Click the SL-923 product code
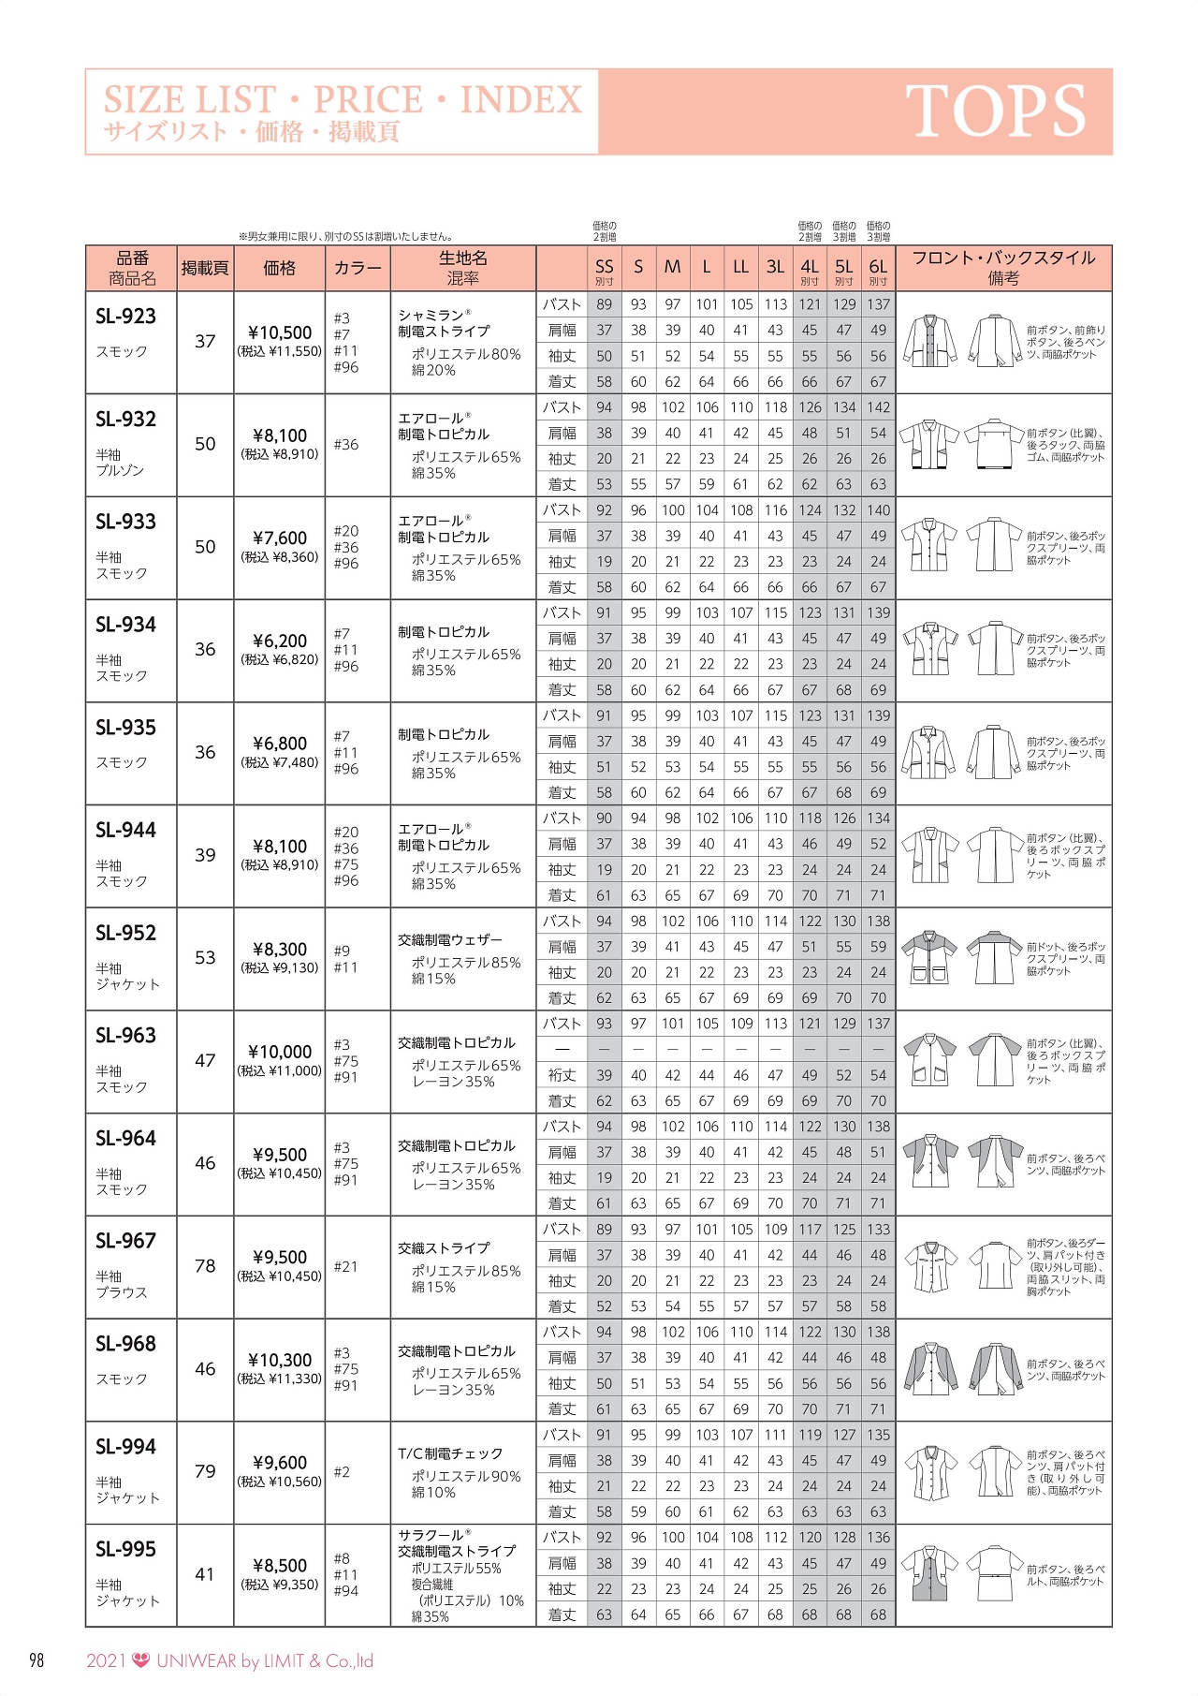(x=125, y=317)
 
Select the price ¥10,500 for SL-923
(x=280, y=332)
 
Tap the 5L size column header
(x=844, y=268)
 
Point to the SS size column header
(x=605, y=268)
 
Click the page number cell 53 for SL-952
(x=205, y=957)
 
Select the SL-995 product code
(x=125, y=1549)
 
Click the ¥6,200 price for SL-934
(x=280, y=641)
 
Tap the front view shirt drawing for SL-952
(x=929, y=957)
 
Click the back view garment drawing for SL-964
(x=995, y=1161)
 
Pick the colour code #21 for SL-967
(x=345, y=1266)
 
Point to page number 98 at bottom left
(x=37, y=1661)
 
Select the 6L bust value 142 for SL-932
(x=878, y=407)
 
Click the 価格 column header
(x=280, y=268)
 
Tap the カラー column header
(x=358, y=268)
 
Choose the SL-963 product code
(x=125, y=1036)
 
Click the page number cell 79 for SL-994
(x=205, y=1471)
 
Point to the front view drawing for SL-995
(x=929, y=1573)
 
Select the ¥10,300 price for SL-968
(x=280, y=1360)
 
